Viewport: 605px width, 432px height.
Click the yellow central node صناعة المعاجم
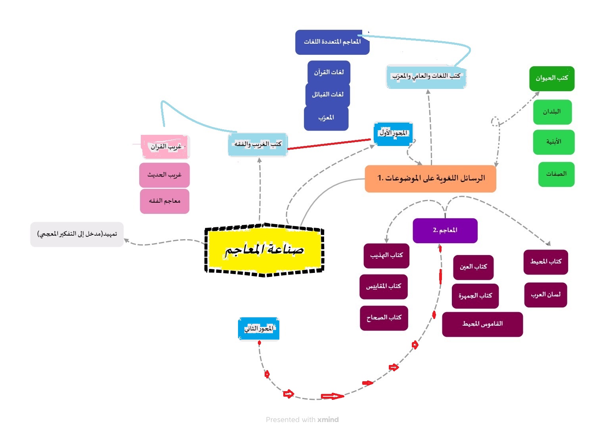(264, 250)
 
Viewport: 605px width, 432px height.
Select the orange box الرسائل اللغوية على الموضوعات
(430, 179)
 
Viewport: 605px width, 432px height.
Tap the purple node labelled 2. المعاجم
(445, 230)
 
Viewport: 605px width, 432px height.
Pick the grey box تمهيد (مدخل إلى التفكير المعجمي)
(77, 234)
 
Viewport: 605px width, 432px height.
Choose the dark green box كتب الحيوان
(552, 78)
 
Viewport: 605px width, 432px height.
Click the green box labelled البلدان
(552, 112)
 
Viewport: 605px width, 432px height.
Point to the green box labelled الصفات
(556, 174)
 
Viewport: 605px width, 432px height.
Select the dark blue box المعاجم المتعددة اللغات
(332, 42)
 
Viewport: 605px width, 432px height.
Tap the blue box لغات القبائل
(328, 94)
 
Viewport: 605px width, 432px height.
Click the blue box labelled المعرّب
(326, 118)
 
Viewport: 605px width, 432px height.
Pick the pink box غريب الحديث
(164, 175)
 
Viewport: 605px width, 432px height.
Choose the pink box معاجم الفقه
(165, 201)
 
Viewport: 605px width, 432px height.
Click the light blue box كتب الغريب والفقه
(257, 144)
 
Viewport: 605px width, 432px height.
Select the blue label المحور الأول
(393, 133)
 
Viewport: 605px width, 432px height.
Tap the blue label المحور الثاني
(259, 328)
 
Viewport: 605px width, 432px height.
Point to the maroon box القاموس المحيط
(482, 324)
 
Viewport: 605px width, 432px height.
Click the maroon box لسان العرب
(545, 295)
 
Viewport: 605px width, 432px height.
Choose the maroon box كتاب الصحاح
(384, 318)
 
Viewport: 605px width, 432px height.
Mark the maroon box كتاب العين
(473, 267)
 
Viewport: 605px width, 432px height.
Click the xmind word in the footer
(328, 420)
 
